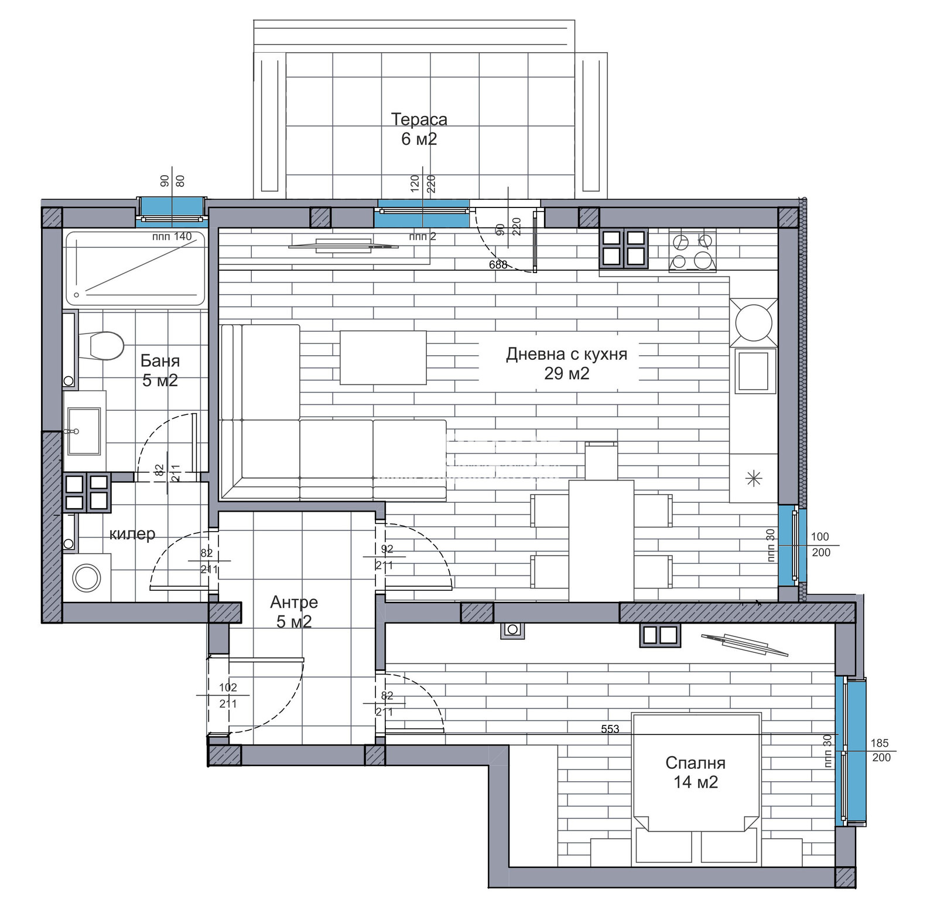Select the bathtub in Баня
(x=135, y=268)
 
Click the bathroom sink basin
(x=84, y=431)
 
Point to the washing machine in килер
(x=87, y=578)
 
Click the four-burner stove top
(x=692, y=251)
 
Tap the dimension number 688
(x=498, y=265)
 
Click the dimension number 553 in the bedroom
(x=610, y=729)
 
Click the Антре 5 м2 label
(x=294, y=611)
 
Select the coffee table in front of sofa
(x=383, y=358)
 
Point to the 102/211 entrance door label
(x=228, y=695)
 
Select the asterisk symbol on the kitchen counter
(x=754, y=479)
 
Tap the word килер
(x=132, y=534)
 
